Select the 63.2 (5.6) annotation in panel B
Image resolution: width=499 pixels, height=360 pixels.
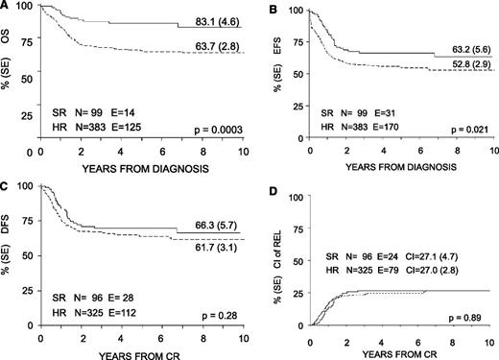[463, 44]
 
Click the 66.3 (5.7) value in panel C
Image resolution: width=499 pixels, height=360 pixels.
[202, 222]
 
